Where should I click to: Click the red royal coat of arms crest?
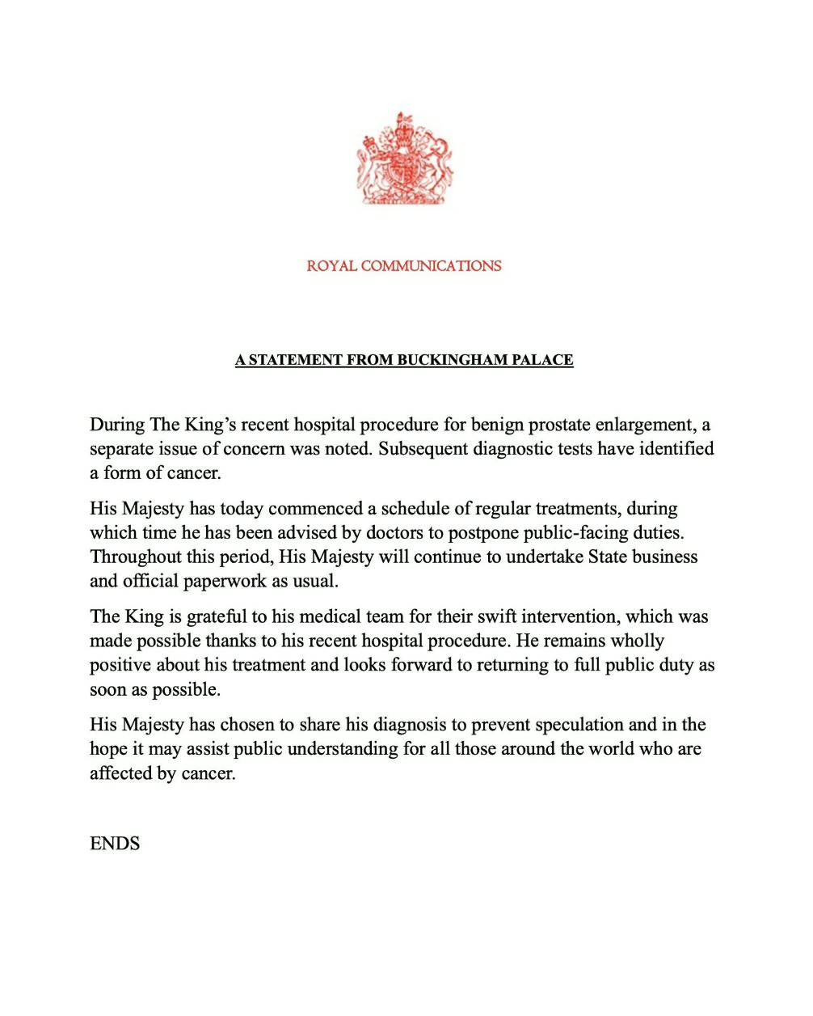405,159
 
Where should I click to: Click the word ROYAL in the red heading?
331,266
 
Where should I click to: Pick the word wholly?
637,641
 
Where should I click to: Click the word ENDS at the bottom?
115,844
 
